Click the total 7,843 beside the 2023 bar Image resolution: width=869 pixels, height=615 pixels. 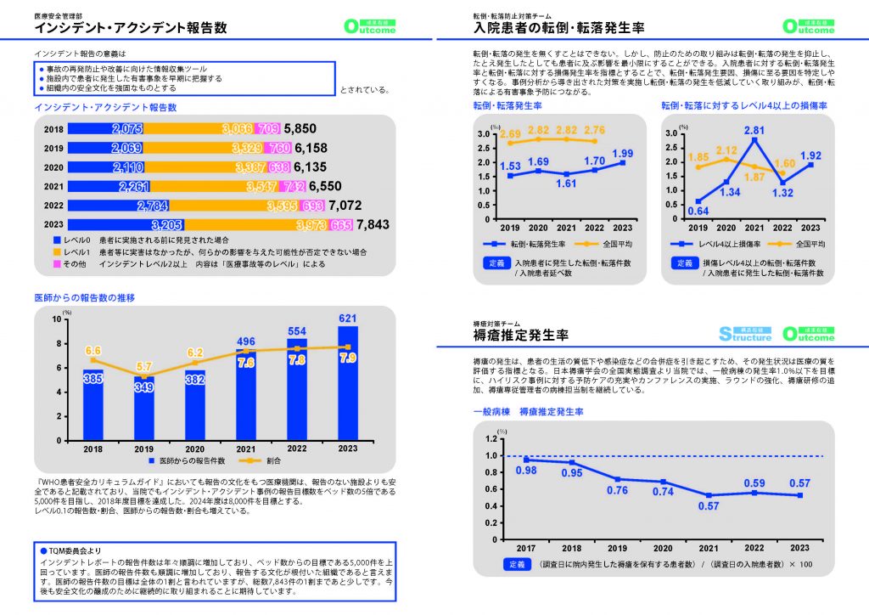tap(373, 225)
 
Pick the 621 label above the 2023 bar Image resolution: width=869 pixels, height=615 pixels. tap(347, 319)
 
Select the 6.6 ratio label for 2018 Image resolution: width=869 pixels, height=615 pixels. tap(93, 351)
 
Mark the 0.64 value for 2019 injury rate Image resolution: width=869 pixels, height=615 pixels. tap(698, 211)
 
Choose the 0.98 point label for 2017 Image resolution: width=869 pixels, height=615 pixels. tap(526, 471)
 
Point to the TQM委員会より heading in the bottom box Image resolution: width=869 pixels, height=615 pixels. tap(75, 549)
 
